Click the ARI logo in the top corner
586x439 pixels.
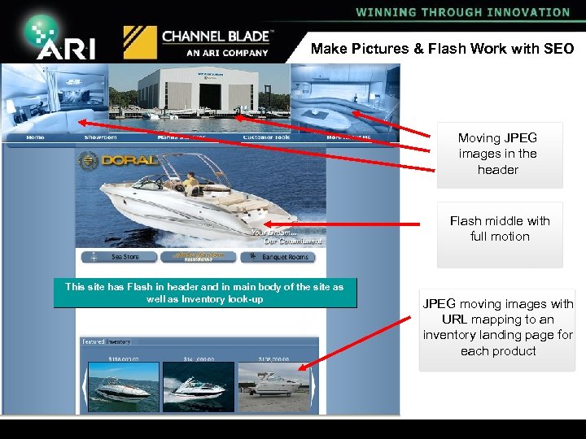click(60, 37)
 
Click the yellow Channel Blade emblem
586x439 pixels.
click(139, 42)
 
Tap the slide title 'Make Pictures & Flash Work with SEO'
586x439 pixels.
click(442, 49)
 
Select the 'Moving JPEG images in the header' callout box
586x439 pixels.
click(498, 154)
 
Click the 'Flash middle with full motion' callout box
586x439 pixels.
click(500, 229)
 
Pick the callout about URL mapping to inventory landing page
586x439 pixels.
click(497, 328)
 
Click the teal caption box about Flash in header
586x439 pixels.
click(204, 293)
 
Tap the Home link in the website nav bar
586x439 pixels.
click(36, 137)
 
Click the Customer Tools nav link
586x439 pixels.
click(266, 137)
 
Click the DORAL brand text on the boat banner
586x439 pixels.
click(130, 160)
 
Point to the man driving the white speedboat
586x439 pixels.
click(190, 184)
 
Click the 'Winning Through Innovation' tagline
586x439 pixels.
click(462, 12)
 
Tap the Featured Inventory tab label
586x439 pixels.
click(106, 341)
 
